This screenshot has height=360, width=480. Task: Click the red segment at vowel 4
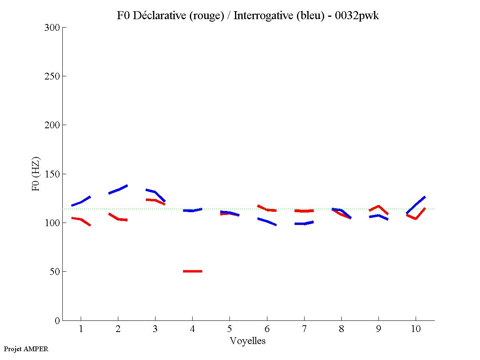tap(193, 271)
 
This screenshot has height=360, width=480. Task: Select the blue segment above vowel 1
tap(81, 202)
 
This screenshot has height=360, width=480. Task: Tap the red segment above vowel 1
tap(81, 219)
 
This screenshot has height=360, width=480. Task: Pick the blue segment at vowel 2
tap(118, 189)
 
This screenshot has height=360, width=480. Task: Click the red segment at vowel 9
tap(378, 207)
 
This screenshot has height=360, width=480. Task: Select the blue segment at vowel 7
tap(304, 223)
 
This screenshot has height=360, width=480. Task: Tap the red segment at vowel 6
tap(267, 209)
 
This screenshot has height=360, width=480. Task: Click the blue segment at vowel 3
tap(155, 193)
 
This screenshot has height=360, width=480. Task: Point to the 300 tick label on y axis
tap(52, 28)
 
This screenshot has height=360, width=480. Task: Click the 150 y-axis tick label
tap(52, 174)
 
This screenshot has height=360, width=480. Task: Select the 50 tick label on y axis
tap(55, 272)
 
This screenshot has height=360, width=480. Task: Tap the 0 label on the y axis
tap(57, 320)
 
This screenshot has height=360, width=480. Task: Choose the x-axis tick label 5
tap(229, 329)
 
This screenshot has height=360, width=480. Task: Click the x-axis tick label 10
tap(416, 329)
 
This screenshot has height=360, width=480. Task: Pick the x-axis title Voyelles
tap(248, 341)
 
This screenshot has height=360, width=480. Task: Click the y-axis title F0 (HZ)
tap(36, 174)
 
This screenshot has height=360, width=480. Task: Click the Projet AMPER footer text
tap(26, 349)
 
